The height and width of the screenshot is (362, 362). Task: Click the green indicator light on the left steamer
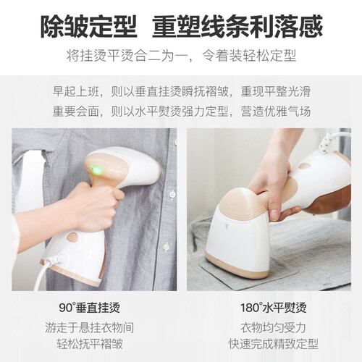pyautogui.click(x=96, y=169)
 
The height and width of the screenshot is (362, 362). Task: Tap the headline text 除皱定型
pyautogui.click(x=89, y=26)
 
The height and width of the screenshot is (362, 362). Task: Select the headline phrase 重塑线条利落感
pyautogui.click(x=237, y=26)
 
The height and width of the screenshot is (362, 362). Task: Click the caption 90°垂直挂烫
pyautogui.click(x=90, y=308)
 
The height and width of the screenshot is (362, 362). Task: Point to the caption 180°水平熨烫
pyautogui.click(x=274, y=308)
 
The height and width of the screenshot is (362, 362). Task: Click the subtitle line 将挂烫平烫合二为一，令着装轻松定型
pyautogui.click(x=181, y=56)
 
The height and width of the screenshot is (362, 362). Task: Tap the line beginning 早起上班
pyautogui.click(x=182, y=92)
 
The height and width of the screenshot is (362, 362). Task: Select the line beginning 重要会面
pyautogui.click(x=182, y=111)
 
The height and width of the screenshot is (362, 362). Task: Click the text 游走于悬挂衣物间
pyautogui.click(x=90, y=327)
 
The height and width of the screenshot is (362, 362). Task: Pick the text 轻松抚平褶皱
pyautogui.click(x=90, y=344)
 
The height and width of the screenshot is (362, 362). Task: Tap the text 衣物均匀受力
pyautogui.click(x=274, y=327)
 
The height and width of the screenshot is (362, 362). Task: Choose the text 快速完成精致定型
pyautogui.click(x=274, y=344)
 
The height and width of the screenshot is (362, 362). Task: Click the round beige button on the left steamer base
pyautogui.click(x=72, y=237)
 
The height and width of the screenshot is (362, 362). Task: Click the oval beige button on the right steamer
pyautogui.click(x=305, y=166)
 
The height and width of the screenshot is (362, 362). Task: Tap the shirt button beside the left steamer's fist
pyautogui.click(x=172, y=194)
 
